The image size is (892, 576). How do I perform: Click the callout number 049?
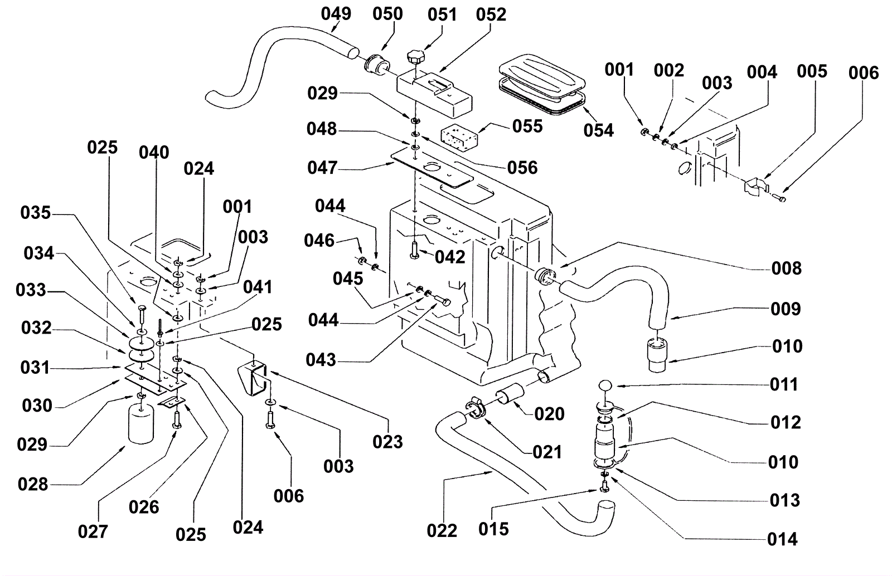tap(336, 14)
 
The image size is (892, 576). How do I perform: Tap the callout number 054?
tap(598, 130)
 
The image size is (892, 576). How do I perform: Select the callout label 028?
tap(33, 484)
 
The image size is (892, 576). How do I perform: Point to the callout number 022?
tap(442, 530)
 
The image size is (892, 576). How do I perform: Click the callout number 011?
tap(784, 384)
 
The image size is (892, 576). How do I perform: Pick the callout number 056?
tap(522, 168)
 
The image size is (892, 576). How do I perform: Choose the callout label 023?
tap(387, 442)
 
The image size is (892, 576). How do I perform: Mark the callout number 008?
tap(786, 269)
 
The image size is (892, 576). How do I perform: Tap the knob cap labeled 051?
tap(415, 56)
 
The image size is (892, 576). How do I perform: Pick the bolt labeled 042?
tap(414, 248)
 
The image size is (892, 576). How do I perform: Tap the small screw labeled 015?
tap(604, 488)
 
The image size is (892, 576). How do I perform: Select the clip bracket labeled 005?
tap(755, 186)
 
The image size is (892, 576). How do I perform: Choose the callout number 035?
tap(36, 213)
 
